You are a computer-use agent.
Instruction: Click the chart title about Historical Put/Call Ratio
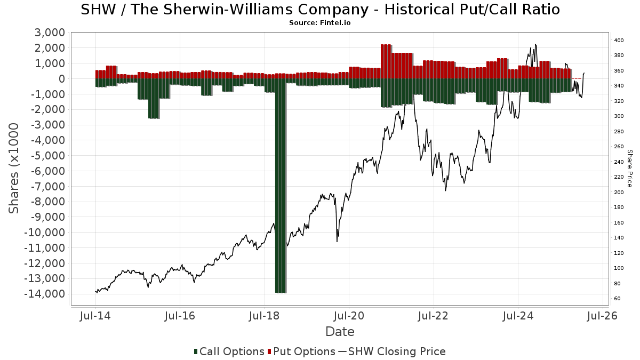coord(320,10)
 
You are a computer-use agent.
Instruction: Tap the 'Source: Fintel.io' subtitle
coord(320,23)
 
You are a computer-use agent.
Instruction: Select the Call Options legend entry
coord(229,351)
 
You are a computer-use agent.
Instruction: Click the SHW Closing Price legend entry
coord(391,351)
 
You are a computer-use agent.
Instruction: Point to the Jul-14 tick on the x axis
coord(96,316)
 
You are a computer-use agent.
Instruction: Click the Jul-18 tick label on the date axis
coord(265,316)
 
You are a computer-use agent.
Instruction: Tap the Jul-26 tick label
coord(602,316)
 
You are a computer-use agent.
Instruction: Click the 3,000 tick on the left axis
coord(50,33)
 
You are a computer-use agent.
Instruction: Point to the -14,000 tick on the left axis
coord(45,294)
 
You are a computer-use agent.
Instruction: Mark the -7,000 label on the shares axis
coord(47,186)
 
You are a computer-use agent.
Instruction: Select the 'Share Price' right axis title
coord(629,168)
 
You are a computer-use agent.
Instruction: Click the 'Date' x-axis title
coord(340,332)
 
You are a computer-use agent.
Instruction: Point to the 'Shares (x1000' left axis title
coord(14,168)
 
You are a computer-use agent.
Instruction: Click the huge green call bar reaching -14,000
coord(281,187)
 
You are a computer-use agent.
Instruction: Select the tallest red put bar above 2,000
coord(386,61)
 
